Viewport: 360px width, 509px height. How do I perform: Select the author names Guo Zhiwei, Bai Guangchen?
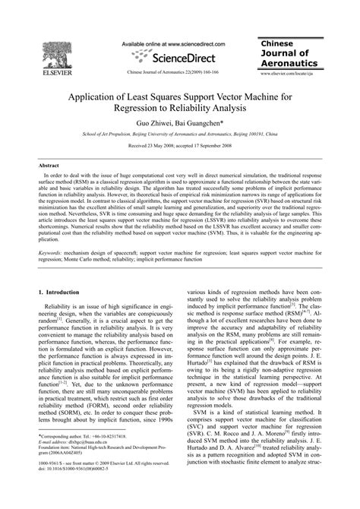pos(180,121)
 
